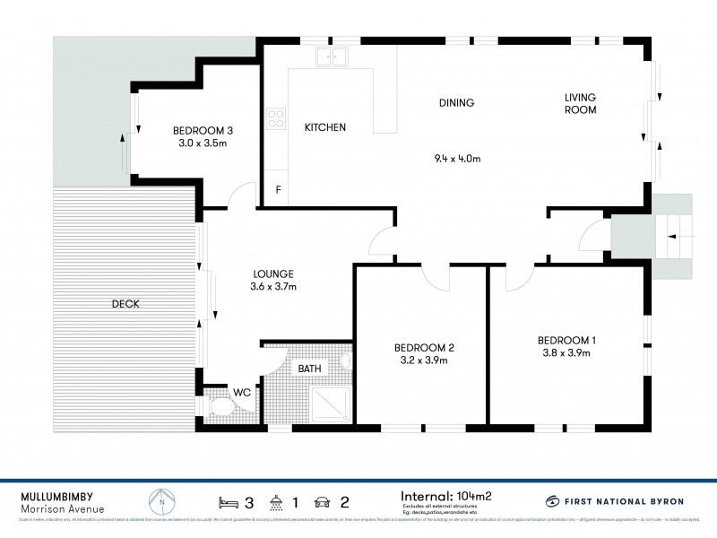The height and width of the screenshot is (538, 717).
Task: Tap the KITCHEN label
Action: pyautogui.click(x=324, y=127)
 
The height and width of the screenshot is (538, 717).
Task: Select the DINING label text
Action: pyautogui.click(x=456, y=103)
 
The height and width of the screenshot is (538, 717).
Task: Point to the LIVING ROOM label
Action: pyautogui.click(x=580, y=103)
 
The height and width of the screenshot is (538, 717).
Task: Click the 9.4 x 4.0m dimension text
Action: pyautogui.click(x=458, y=160)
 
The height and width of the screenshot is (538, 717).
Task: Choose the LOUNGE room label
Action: pyautogui.click(x=272, y=274)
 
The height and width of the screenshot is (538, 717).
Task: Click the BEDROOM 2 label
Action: pyautogui.click(x=425, y=348)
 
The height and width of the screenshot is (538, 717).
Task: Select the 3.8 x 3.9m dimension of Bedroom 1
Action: pyautogui.click(x=566, y=353)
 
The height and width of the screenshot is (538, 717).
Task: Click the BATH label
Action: pyautogui.click(x=310, y=369)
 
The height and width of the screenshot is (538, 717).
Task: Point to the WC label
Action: pyautogui.click(x=241, y=392)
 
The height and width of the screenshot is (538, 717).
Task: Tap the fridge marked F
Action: pyautogui.click(x=278, y=189)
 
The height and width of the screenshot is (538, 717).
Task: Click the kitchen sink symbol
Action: pyautogui.click(x=332, y=58)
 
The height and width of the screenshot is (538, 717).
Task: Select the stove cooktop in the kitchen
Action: pyautogui.click(x=276, y=118)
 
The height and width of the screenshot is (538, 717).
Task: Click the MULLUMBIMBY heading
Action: pyautogui.click(x=57, y=495)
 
